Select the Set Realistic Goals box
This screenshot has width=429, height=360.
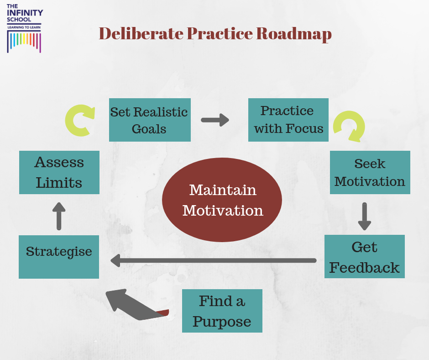click(149, 120)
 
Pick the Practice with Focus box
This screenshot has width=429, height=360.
click(288, 120)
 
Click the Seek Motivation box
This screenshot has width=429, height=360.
click(370, 172)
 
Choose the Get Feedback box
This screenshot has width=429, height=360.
click(364, 256)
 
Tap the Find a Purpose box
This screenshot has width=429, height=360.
click(222, 311)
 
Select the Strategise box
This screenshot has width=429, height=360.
click(59, 256)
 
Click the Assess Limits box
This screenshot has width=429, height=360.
click(59, 172)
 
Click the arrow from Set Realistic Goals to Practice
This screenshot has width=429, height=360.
click(215, 120)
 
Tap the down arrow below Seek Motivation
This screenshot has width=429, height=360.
click(364, 216)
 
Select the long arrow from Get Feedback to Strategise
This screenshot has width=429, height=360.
click(214, 260)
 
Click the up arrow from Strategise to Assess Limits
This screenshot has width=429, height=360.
click(59, 216)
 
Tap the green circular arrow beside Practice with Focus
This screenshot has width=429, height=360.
click(349, 126)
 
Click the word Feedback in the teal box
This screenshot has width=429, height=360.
click(364, 267)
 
